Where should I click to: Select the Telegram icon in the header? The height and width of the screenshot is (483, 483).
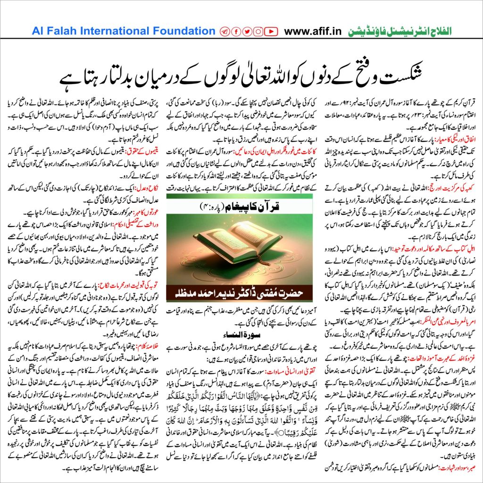tap(225, 32)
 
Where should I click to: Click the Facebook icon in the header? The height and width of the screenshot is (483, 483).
tap(235, 32)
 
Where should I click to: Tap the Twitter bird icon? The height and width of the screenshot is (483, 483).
tap(247, 32)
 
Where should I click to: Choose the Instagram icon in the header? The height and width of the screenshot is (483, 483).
tap(258, 32)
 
